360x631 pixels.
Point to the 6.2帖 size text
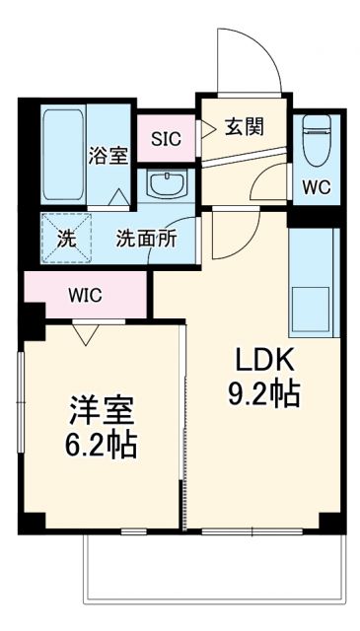click(101, 445)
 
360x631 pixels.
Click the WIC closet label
click(85, 295)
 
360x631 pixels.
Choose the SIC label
click(166, 138)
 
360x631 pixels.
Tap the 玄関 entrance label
click(244, 126)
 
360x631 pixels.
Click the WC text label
click(316, 186)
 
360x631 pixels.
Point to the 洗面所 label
click(146, 238)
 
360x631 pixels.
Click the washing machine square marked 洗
click(63, 239)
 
